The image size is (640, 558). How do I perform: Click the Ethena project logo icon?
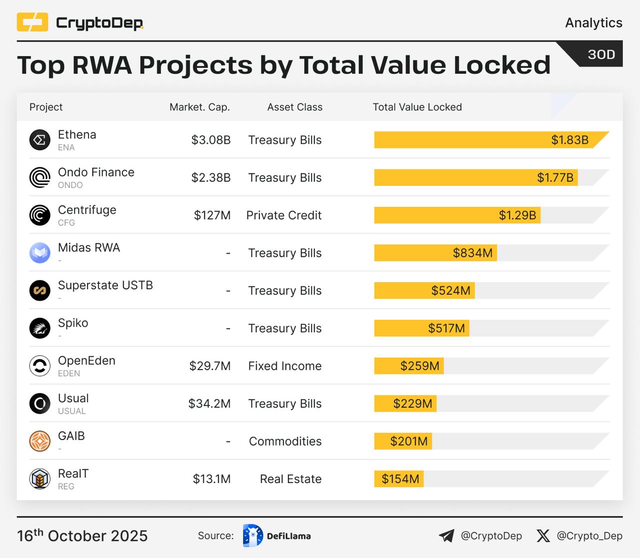tap(40, 140)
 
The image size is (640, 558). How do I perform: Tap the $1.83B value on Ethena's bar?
tap(569, 140)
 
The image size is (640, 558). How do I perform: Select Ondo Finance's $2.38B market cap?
tap(210, 178)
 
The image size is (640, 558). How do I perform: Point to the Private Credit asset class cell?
tap(283, 215)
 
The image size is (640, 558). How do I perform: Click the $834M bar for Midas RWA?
tap(435, 253)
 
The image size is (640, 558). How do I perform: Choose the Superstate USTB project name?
tap(105, 285)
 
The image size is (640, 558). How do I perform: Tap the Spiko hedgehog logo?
tap(40, 328)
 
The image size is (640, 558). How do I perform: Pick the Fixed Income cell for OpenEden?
tap(284, 366)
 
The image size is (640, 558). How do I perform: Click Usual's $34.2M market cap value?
tap(209, 404)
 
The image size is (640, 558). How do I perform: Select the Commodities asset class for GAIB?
tap(285, 442)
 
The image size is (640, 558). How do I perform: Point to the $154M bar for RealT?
tap(399, 479)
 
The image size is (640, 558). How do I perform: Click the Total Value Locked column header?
tap(417, 107)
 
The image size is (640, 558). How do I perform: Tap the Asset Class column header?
tap(294, 107)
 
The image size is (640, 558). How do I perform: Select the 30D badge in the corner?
tap(601, 54)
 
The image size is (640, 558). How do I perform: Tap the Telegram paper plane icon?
tap(446, 536)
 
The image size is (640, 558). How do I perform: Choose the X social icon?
tap(543, 536)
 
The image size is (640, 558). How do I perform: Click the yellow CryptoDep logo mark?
tap(32, 22)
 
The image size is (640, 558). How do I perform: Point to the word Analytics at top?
tap(593, 23)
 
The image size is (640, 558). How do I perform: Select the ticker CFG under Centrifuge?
tap(66, 223)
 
